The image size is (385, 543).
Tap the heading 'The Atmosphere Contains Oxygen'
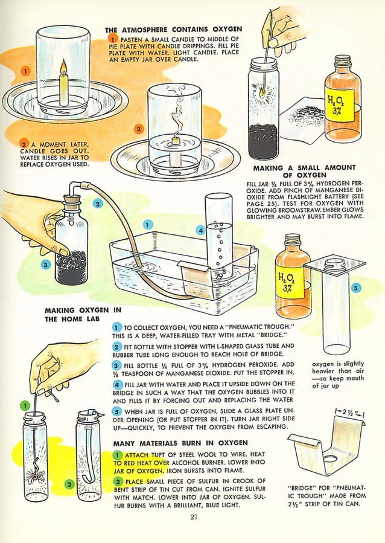tap(173, 29)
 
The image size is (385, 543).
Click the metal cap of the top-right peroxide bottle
tap(343, 61)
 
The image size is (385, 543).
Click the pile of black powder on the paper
tap(307, 114)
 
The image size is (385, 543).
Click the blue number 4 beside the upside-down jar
tap(200, 230)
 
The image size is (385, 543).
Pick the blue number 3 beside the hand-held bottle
tap(45, 264)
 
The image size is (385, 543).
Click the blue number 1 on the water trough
tap(147, 224)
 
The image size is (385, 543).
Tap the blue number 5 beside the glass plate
tap(355, 288)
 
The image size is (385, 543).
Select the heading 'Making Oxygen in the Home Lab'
tap(83, 315)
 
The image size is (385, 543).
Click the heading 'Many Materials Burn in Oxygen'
tap(180, 443)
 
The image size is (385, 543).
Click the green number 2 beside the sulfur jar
tap(69, 484)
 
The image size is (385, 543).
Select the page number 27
tap(194, 516)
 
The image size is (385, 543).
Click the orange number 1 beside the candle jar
tap(25, 71)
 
